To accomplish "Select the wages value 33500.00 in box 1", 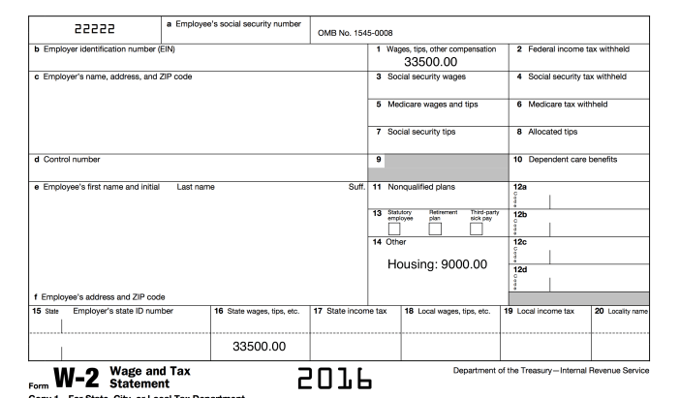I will tap(423, 62).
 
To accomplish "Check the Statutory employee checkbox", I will tap(393, 229).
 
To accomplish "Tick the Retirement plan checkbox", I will tap(435, 229).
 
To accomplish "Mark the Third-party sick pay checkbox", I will tap(477, 229).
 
